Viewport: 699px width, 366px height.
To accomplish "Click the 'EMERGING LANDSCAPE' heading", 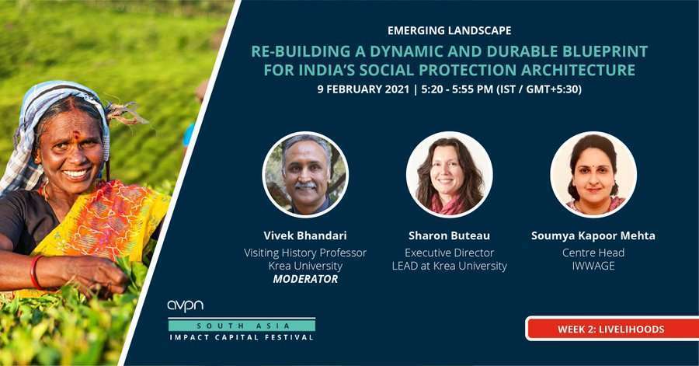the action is pos(450,31).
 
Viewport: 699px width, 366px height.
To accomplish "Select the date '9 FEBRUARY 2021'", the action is pos(363,89).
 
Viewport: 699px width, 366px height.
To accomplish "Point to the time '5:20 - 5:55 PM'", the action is pos(457,89).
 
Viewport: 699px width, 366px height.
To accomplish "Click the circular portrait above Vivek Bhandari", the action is pos(305,174).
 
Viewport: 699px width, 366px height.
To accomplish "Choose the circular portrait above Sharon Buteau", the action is pos(450,174).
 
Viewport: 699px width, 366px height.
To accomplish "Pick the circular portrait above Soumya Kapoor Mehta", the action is pos(593,174).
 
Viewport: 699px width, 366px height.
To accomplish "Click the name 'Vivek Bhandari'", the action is pos(305,235).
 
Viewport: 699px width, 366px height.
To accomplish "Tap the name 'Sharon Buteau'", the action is pos(450,235).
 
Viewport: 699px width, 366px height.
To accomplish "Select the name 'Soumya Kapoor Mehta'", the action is pos(593,235).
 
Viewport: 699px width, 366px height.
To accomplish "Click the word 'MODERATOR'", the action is pos(305,279).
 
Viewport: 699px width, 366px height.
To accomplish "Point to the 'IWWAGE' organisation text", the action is pos(593,266).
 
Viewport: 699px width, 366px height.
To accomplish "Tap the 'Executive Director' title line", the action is pos(450,253).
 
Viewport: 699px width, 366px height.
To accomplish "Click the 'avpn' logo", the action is pos(186,306).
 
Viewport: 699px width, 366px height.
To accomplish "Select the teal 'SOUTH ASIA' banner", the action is pos(242,326).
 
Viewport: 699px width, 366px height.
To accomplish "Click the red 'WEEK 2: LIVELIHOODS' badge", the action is pos(613,329).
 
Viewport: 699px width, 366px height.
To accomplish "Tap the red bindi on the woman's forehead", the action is pos(76,134).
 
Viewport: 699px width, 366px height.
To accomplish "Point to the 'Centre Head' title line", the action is pos(593,253).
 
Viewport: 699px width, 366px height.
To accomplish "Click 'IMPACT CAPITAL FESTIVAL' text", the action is pos(242,337).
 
